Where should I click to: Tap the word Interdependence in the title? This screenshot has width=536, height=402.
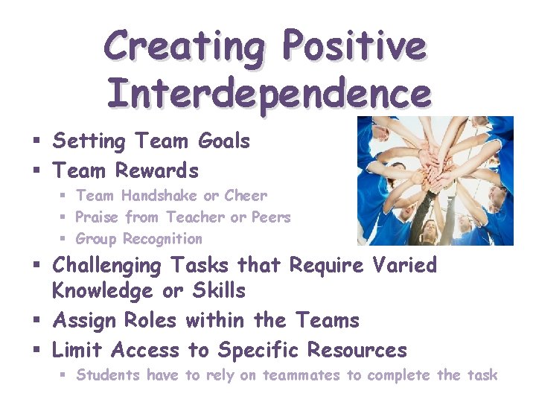[x=268, y=95]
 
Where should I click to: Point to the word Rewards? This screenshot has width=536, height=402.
[x=157, y=170]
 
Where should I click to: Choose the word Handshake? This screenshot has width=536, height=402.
[x=160, y=196]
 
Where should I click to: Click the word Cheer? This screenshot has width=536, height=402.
[x=245, y=196]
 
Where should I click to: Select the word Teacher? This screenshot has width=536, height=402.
[x=196, y=217]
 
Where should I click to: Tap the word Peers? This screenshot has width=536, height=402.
[x=270, y=217]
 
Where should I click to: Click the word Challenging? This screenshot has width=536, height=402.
[x=106, y=266]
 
